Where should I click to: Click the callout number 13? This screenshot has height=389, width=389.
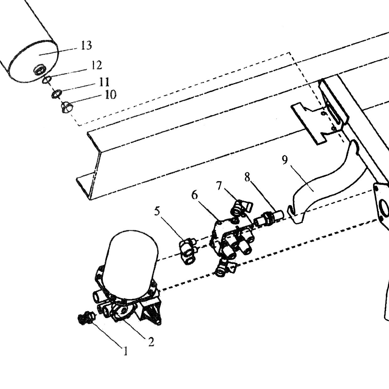click(87, 45)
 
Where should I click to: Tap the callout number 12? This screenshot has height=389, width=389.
click(96, 65)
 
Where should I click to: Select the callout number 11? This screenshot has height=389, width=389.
click(104, 82)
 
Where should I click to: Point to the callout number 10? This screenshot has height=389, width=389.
click(111, 94)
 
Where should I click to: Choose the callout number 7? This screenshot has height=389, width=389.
click(219, 186)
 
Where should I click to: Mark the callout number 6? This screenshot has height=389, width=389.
click(195, 195)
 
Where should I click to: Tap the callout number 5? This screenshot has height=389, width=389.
click(157, 211)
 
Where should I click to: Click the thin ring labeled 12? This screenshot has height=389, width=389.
click(46, 80)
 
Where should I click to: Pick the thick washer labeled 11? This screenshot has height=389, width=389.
click(57, 94)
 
